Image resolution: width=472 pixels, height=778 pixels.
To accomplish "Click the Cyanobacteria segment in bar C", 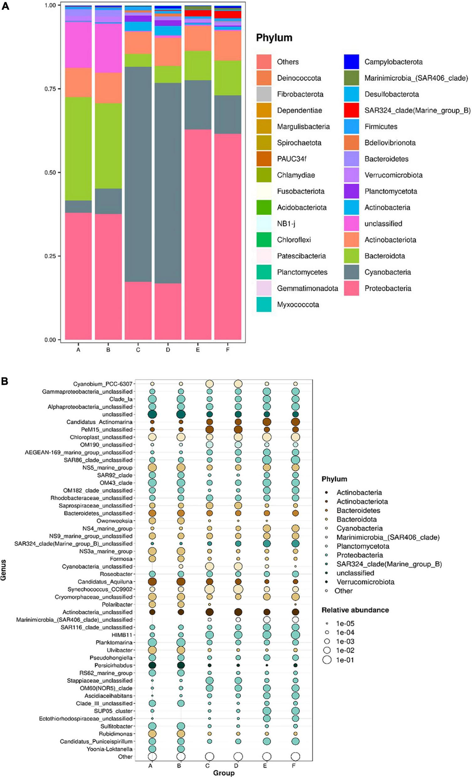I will (138, 174).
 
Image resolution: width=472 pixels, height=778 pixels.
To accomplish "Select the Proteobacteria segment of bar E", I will (198, 234).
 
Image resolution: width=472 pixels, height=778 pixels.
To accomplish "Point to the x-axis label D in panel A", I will (168, 350).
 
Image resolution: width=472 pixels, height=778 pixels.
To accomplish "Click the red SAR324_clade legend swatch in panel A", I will (351, 110).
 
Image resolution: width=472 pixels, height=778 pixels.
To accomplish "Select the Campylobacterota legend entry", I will (393, 62).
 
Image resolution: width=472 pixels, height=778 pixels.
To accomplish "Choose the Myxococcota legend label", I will (298, 305).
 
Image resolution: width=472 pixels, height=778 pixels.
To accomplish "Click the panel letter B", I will (5, 381).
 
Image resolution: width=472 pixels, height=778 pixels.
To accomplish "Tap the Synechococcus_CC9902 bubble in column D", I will (238, 589).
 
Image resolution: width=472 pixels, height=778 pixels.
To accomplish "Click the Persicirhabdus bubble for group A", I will (152, 665).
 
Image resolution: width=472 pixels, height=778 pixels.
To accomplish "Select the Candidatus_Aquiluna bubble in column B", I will (181, 582).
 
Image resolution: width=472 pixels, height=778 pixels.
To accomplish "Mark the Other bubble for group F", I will (295, 757).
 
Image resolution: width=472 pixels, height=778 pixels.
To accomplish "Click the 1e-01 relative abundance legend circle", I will (327, 660).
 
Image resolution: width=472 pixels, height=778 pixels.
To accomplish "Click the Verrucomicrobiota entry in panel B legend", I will (365, 582).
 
